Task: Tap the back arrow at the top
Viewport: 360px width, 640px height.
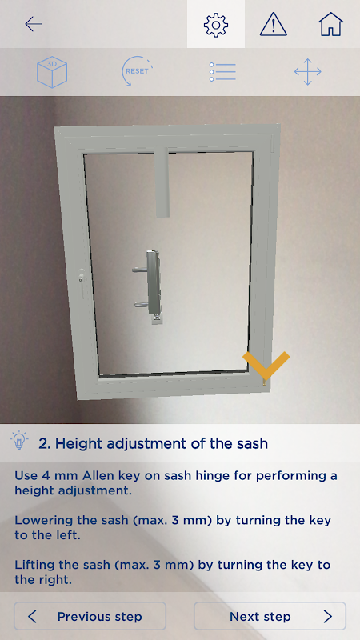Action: (x=33, y=24)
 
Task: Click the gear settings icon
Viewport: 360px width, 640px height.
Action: (x=216, y=25)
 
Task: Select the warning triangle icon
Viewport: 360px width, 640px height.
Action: (x=273, y=25)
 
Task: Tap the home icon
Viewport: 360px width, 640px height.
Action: (x=330, y=24)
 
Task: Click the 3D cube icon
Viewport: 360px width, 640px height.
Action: (x=52, y=72)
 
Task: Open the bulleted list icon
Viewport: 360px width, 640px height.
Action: (x=222, y=72)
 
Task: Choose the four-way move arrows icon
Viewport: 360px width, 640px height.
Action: (x=308, y=72)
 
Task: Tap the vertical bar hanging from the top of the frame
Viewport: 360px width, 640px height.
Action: (x=162, y=182)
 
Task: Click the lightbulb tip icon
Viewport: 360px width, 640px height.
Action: (x=18, y=440)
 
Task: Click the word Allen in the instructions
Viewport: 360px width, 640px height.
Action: (x=98, y=475)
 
